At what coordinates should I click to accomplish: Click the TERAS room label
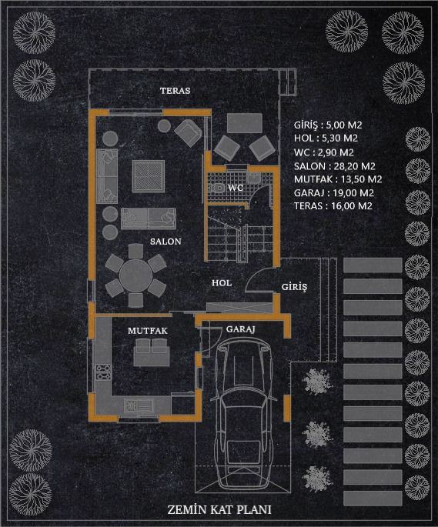[175, 91]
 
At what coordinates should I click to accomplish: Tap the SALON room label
[166, 242]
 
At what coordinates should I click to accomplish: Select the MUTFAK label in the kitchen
[147, 331]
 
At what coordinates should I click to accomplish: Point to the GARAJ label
[240, 329]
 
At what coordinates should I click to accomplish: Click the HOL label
[222, 283]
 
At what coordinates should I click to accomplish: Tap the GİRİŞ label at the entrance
[294, 287]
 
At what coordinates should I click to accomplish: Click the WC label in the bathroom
[235, 188]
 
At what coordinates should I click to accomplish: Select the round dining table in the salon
[135, 275]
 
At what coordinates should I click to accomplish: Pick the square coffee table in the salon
[149, 176]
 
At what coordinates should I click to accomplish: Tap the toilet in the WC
[217, 188]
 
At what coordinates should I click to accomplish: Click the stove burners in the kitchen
[103, 372]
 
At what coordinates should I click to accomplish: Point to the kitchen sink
[139, 405]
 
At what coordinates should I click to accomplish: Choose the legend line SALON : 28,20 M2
[334, 166]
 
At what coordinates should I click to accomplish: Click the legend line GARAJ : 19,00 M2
[334, 193]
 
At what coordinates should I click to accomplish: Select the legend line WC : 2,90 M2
[323, 153]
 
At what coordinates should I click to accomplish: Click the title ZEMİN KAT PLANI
[219, 509]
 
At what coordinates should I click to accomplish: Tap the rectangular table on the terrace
[245, 123]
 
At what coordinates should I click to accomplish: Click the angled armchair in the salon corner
[188, 133]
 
